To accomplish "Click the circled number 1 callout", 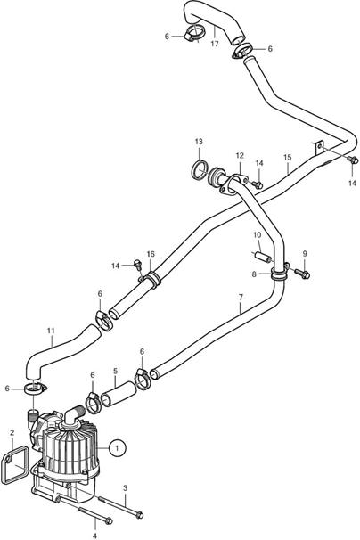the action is (117, 447).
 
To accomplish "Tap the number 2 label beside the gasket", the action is (12, 432).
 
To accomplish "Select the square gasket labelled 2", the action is (14, 465).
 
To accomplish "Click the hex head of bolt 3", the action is (140, 515).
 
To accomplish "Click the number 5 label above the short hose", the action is (116, 372).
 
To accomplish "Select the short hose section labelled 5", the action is (119, 394).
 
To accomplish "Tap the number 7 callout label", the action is (241, 297).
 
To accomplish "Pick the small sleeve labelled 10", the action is (263, 257).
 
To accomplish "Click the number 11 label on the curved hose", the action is (51, 331).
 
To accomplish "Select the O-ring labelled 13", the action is (200, 170).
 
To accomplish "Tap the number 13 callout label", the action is (199, 142).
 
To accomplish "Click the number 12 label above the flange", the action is (240, 156).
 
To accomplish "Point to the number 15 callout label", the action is (287, 158).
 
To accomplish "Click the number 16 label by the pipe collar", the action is (151, 254).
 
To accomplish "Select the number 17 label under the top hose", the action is (215, 44).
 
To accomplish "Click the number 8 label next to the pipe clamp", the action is (254, 274).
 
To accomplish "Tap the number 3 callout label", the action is (125, 488).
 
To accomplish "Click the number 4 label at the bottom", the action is (95, 536).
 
